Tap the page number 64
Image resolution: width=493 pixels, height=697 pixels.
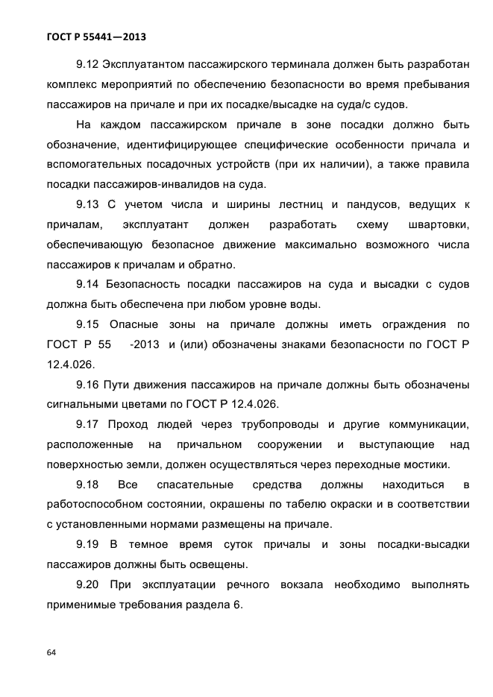(x=51, y=653)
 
